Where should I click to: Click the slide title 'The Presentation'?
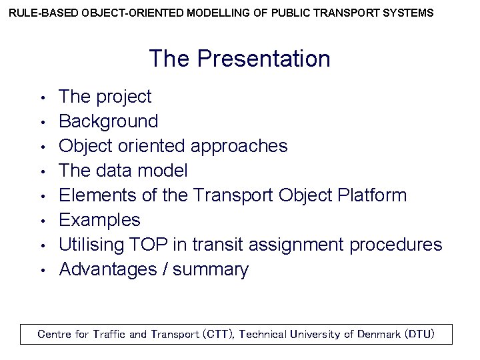click(x=239, y=59)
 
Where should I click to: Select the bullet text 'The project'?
click(x=105, y=97)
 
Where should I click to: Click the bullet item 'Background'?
click(x=109, y=121)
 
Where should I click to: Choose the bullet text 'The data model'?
click(x=123, y=171)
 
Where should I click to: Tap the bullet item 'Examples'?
click(x=99, y=220)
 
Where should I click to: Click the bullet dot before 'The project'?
click(x=41, y=98)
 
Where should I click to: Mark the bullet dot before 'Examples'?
click(x=41, y=221)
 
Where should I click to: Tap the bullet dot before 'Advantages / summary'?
click(x=41, y=271)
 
